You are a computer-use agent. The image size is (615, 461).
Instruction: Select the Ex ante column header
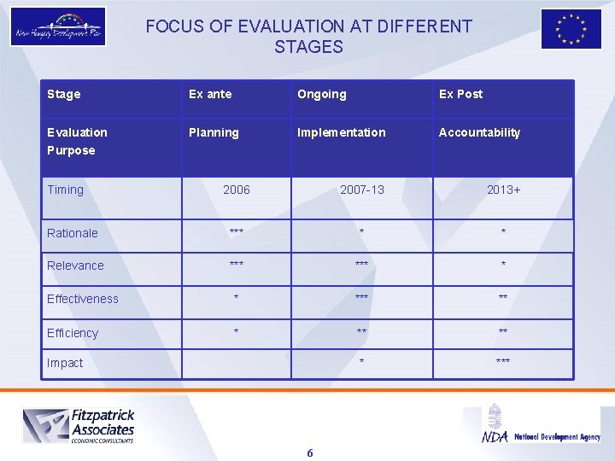pyautogui.click(x=210, y=94)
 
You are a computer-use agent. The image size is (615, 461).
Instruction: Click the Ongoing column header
pyautogui.click(x=321, y=94)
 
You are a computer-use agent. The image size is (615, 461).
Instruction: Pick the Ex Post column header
pyautogui.click(x=460, y=94)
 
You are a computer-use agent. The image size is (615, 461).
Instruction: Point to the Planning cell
pyautogui.click(x=214, y=132)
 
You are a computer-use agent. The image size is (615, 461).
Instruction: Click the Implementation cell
pyautogui.click(x=341, y=132)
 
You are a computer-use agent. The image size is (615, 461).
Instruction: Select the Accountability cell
pyautogui.click(x=479, y=132)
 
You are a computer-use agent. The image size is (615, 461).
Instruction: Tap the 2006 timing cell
pyautogui.click(x=237, y=190)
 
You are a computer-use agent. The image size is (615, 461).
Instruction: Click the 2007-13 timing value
pyautogui.click(x=362, y=190)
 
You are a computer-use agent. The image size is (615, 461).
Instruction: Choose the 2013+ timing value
pyautogui.click(x=504, y=190)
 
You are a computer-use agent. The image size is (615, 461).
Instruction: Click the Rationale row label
pyautogui.click(x=73, y=233)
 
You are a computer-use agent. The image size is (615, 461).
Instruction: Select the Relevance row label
pyautogui.click(x=75, y=266)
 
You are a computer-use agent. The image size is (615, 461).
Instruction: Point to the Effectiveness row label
pyautogui.click(x=83, y=299)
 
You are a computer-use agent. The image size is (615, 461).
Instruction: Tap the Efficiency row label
pyautogui.click(x=73, y=333)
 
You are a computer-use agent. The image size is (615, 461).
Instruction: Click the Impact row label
pyautogui.click(x=65, y=363)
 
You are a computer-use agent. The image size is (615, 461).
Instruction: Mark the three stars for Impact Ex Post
pyautogui.click(x=503, y=363)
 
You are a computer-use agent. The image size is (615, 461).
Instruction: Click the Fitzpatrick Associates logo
pyautogui.click(x=79, y=425)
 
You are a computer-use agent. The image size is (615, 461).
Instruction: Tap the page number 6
pyautogui.click(x=309, y=452)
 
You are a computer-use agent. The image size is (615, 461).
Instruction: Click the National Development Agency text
pyautogui.click(x=557, y=437)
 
